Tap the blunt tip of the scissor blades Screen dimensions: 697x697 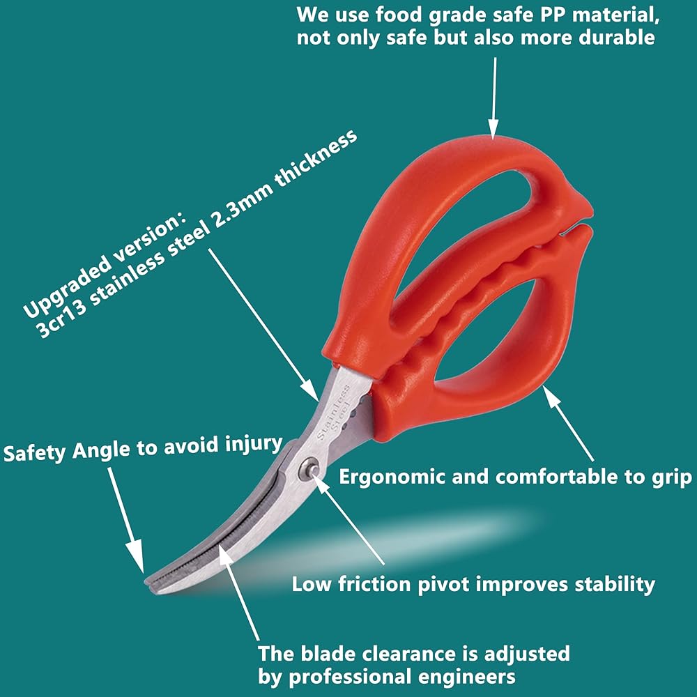tap(148, 578)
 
